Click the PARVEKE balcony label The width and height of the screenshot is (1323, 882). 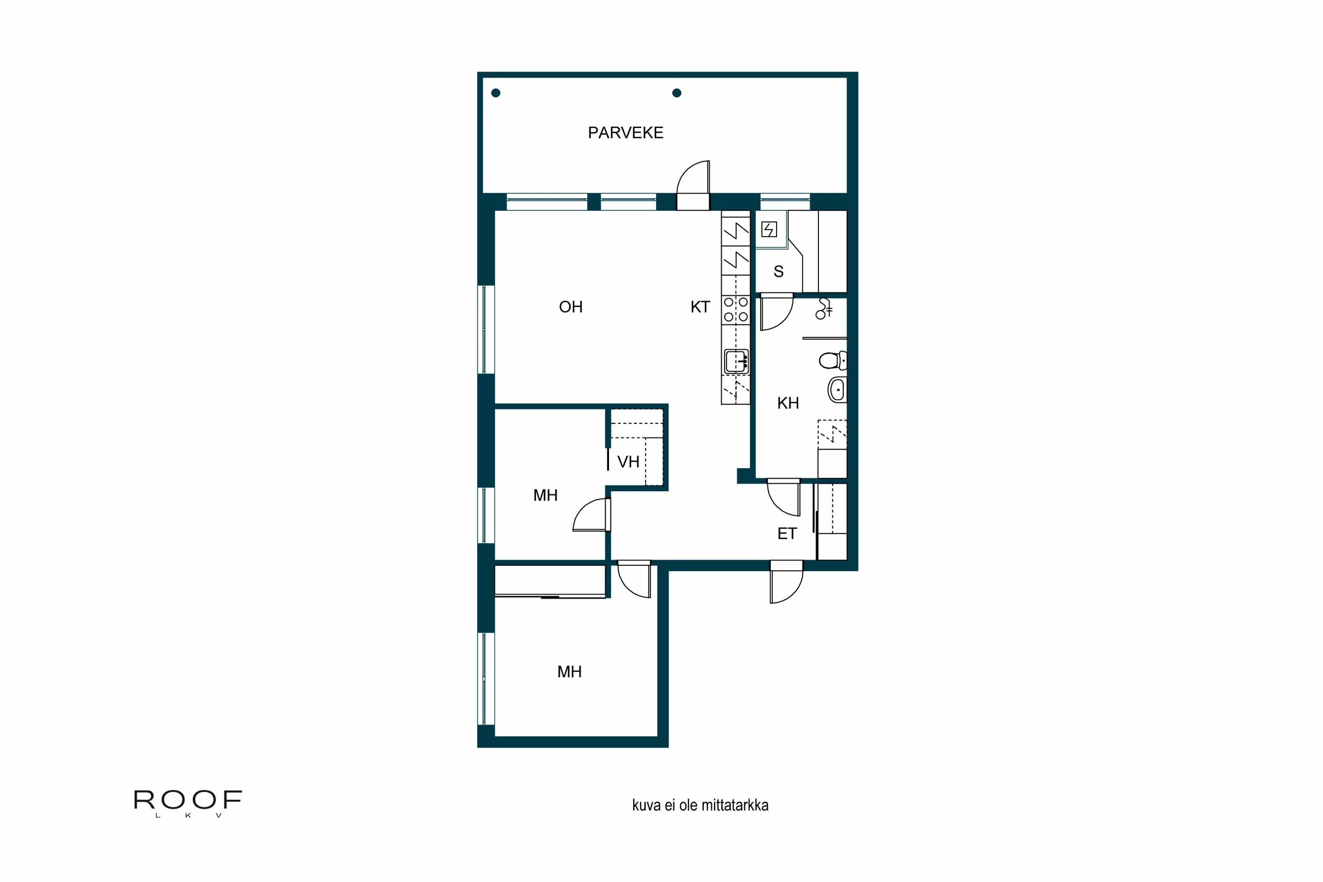tap(625, 133)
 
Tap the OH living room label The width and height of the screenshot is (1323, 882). tap(570, 307)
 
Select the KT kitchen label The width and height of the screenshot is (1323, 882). tap(700, 307)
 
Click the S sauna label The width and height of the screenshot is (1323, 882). tap(778, 272)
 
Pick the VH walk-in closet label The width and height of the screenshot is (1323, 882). tap(628, 462)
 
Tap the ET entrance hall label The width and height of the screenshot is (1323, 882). tap(787, 534)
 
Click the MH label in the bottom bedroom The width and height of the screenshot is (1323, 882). tap(569, 672)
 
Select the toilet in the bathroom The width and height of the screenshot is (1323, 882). tap(832, 360)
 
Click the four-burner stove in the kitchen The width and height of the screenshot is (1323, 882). tap(736, 310)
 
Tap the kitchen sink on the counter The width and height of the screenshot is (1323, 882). tap(736, 361)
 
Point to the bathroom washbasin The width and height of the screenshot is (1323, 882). tap(837, 390)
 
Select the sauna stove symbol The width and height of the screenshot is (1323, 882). tap(769, 229)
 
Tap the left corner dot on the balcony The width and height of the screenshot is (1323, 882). tap(496, 93)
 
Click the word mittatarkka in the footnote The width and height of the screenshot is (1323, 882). tap(734, 806)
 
